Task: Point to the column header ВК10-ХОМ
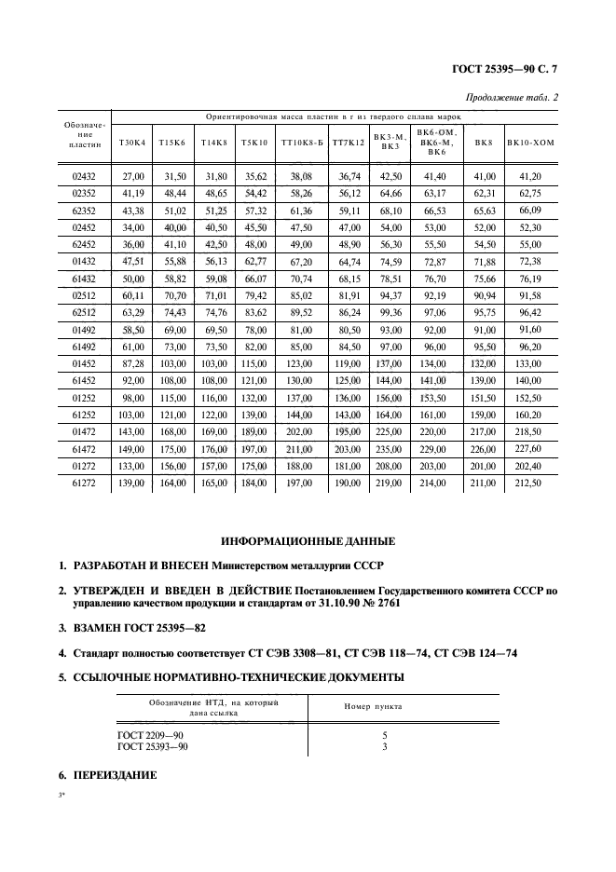(x=530, y=142)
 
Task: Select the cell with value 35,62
(x=255, y=176)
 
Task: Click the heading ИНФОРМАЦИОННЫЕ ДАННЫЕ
(x=308, y=540)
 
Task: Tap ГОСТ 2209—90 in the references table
(x=150, y=735)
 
